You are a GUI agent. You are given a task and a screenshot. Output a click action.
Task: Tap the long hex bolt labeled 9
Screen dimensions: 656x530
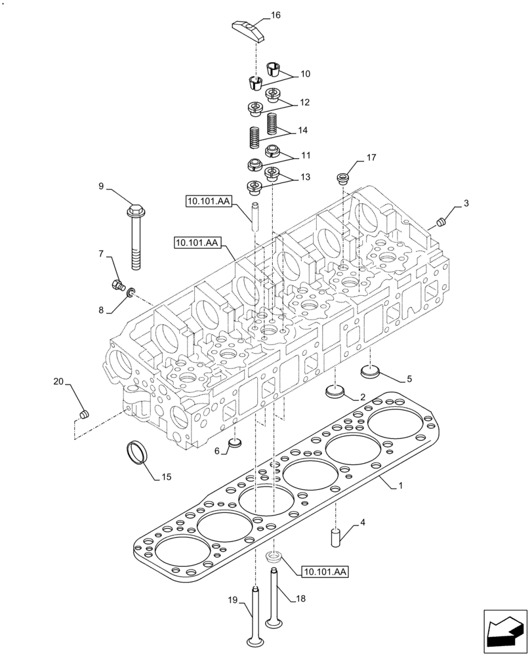(x=135, y=236)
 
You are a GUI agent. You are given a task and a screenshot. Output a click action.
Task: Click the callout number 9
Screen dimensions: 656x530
(x=102, y=187)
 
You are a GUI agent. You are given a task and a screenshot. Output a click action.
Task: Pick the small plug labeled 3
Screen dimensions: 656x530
(x=441, y=220)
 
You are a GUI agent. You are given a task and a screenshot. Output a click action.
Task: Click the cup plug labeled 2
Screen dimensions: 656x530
(x=335, y=392)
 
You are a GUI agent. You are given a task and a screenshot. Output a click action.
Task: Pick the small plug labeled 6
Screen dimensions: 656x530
(x=235, y=446)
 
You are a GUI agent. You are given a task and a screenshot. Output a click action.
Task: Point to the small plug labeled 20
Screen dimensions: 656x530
(x=83, y=414)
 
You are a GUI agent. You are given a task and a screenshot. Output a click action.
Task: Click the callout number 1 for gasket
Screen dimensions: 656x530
(x=401, y=486)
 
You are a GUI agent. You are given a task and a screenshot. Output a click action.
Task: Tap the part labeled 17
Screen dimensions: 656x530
(x=342, y=178)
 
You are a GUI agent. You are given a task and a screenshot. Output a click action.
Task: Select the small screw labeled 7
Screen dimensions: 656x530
(x=117, y=285)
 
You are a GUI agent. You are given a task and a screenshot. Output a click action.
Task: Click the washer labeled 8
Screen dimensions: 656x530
(x=131, y=291)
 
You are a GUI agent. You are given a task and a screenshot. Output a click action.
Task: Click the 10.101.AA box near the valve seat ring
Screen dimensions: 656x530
(x=324, y=572)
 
